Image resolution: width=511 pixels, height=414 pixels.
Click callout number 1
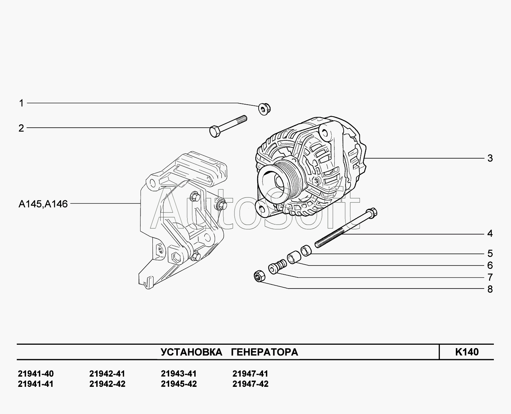pyautogui.click(x=21, y=103)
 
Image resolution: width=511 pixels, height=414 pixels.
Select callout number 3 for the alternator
pyautogui.click(x=490, y=158)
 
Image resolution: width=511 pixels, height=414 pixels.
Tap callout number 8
pyautogui.click(x=490, y=289)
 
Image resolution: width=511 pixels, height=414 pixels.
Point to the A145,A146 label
pyautogui.click(x=43, y=204)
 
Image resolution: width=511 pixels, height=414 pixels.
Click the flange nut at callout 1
pyautogui.click(x=265, y=109)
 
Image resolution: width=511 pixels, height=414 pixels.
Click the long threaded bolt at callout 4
pyautogui.click(x=345, y=228)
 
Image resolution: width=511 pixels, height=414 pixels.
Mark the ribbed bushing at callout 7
pyautogui.click(x=277, y=267)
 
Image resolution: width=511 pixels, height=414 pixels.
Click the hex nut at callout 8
pyautogui.click(x=259, y=276)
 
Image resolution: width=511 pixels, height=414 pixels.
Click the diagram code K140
pyautogui.click(x=467, y=352)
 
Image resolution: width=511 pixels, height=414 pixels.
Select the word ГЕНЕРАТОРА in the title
pyautogui.click(x=264, y=352)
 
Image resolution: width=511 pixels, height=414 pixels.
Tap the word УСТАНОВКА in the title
pyautogui.click(x=191, y=352)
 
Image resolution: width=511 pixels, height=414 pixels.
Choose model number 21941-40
pyautogui.click(x=36, y=374)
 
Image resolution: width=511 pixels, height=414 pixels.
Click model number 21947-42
pyautogui.click(x=250, y=384)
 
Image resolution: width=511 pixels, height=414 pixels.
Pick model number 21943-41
pyautogui.click(x=179, y=374)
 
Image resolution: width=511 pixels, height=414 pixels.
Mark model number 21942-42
pyautogui.click(x=107, y=384)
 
